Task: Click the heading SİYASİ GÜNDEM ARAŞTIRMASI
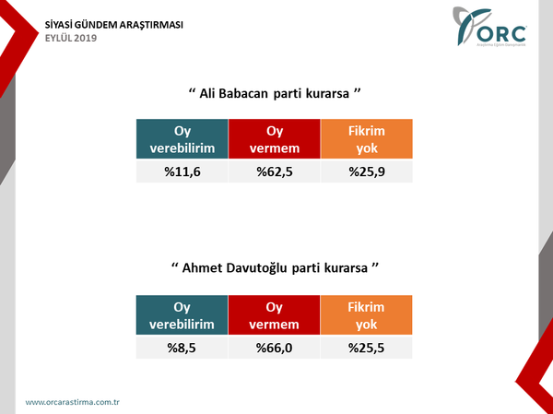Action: tap(114, 24)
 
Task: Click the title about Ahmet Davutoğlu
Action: tap(276, 268)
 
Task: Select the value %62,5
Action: tap(274, 172)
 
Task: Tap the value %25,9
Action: tap(367, 172)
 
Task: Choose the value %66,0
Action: tap(274, 348)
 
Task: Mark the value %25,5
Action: tap(367, 348)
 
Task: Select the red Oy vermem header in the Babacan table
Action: tap(274, 139)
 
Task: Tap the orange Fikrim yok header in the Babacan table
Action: tap(367, 139)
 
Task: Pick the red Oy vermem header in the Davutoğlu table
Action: tap(274, 315)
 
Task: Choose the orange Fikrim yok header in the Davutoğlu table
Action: tap(367, 315)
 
